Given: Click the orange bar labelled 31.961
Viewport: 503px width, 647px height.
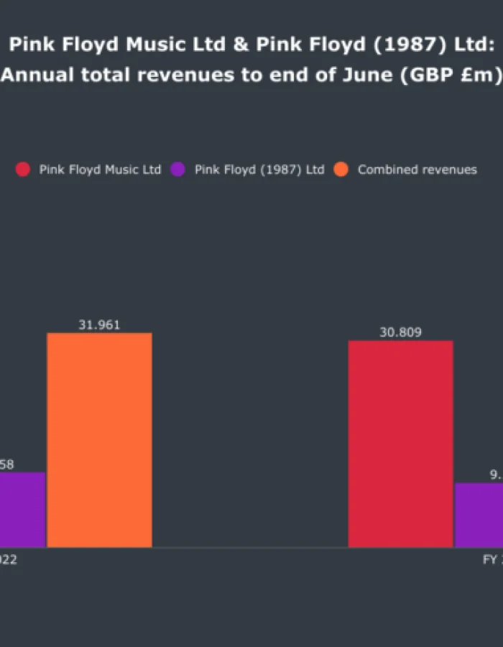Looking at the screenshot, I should click(x=99, y=440).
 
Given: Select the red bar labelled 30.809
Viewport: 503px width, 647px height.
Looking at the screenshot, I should click(x=400, y=444).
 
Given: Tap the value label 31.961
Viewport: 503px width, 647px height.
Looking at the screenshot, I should click(x=99, y=325).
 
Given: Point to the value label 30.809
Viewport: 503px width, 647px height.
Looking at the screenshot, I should click(x=400, y=332).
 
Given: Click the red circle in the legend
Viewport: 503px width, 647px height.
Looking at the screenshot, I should click(x=23, y=170).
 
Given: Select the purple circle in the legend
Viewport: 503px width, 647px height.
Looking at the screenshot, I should click(x=178, y=170).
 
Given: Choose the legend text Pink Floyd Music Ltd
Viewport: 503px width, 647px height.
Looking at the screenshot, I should click(x=100, y=170).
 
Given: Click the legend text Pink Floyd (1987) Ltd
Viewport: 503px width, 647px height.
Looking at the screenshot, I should click(x=259, y=170).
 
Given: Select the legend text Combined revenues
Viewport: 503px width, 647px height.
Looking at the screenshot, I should click(x=417, y=170).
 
